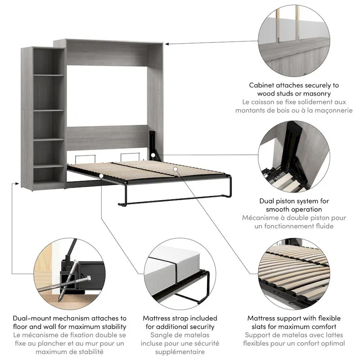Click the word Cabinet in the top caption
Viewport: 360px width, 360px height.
tap(264, 85)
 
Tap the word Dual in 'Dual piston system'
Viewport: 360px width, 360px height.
tap(268, 201)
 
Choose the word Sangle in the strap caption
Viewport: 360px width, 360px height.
tap(162, 335)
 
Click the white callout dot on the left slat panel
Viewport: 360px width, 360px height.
tap(103, 176)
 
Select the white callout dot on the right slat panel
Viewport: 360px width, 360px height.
tap(175, 169)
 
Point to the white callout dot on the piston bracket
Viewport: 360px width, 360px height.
tap(153, 155)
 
